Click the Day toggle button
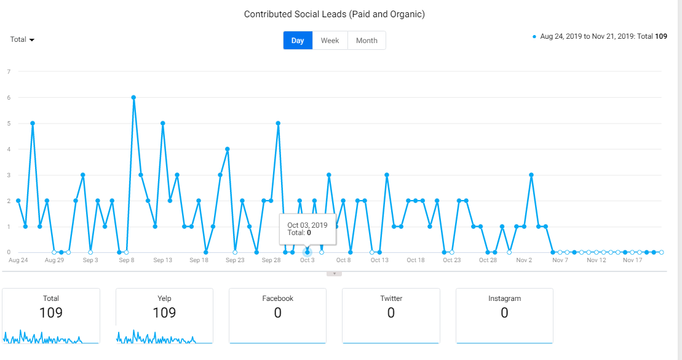298,41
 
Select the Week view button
330,41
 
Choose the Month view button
367,41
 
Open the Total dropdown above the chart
22,39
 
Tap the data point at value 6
133,97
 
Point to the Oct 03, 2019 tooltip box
307,229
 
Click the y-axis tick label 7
9,72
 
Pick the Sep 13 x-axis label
163,260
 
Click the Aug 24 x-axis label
18,260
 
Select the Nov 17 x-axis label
632,260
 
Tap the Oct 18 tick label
415,260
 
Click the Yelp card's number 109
164,313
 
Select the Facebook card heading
277,298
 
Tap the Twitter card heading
391,298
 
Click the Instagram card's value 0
504,313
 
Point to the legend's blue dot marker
534,36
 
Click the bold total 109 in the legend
661,36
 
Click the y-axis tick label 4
9,150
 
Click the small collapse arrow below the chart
334,274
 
